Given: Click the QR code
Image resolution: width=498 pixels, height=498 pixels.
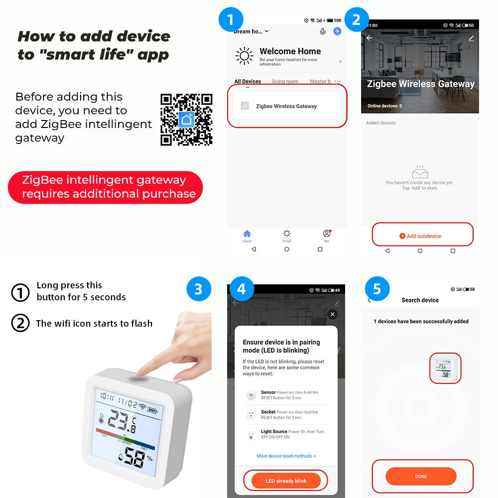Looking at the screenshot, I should pyautogui.click(x=186, y=120).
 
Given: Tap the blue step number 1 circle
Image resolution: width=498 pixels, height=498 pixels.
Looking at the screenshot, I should pyautogui.click(x=231, y=20).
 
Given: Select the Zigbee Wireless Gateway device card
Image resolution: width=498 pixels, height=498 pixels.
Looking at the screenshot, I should pyautogui.click(x=286, y=106).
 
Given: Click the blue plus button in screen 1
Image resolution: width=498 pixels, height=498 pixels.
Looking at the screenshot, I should pyautogui.click(x=337, y=31).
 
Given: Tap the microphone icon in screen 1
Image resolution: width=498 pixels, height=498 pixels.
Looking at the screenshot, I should pyautogui.click(x=323, y=31).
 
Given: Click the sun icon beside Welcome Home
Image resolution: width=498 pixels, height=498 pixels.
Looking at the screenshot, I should pyautogui.click(x=244, y=56).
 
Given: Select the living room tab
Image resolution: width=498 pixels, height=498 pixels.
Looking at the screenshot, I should pyautogui.click(x=285, y=82).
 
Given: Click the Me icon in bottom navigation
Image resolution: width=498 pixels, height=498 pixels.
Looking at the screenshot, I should pyautogui.click(x=327, y=234).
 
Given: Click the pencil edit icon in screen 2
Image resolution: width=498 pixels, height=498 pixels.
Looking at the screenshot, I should pyautogui.click(x=471, y=38).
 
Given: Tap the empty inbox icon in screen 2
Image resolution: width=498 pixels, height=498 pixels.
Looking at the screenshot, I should pyautogui.click(x=420, y=172).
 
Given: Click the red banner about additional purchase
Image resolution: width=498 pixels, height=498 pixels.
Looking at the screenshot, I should pyautogui.click(x=106, y=187).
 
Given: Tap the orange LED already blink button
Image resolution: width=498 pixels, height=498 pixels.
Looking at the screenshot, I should pyautogui.click(x=286, y=481).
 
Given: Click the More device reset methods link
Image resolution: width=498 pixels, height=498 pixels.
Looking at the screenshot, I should pyautogui.click(x=286, y=456).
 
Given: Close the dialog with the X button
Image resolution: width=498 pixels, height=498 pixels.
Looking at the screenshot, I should pyautogui.click(x=333, y=314).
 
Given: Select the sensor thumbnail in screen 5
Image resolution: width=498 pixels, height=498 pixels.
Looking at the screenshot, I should pyautogui.click(x=445, y=369).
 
